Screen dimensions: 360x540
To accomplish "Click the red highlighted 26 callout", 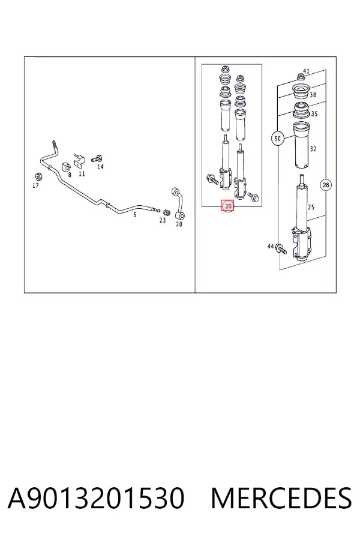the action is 228,206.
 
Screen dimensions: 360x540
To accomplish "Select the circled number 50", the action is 277,139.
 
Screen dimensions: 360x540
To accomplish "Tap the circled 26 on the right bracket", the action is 326,185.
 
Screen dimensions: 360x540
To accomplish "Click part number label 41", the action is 306,71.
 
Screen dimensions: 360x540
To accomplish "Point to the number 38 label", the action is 313,94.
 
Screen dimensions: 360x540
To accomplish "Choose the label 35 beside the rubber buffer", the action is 314,113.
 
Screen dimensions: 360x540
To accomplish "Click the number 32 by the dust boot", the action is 313,149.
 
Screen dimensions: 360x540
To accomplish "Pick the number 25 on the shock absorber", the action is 311,207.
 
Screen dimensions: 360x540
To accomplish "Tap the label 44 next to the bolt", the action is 271,246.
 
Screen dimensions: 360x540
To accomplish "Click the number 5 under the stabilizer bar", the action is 134,215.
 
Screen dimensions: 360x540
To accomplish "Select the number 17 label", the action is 35,185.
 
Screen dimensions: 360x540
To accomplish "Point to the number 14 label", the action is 100,167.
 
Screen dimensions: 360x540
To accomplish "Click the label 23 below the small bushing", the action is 163,220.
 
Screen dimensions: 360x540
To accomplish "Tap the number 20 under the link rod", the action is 179,224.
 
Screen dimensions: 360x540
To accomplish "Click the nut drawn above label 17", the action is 38,176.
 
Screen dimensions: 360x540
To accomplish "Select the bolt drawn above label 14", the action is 97,159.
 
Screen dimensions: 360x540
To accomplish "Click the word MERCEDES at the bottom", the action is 281,498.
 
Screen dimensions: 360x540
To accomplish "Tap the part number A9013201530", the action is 96,498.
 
